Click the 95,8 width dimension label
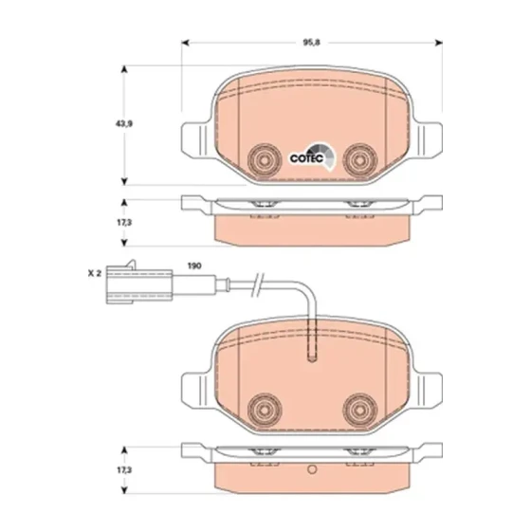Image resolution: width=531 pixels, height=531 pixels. pyautogui.click(x=311, y=43)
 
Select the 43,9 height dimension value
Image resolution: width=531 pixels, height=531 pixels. pyautogui.click(x=124, y=124)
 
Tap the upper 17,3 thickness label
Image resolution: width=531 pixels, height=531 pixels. pyautogui.click(x=124, y=223)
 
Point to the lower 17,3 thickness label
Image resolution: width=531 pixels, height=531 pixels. pyautogui.click(x=124, y=470)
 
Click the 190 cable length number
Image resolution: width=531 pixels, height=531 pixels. pyautogui.click(x=194, y=265)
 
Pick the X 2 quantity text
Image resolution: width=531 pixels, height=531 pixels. pyautogui.click(x=95, y=273)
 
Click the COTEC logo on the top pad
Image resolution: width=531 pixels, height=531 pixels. pyautogui.click(x=313, y=156)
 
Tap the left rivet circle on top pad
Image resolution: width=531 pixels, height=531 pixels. pyautogui.click(x=265, y=160)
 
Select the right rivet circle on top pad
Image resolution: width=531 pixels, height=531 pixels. pyautogui.click(x=360, y=160)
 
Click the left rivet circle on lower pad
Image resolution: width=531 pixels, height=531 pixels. pyautogui.click(x=265, y=410)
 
